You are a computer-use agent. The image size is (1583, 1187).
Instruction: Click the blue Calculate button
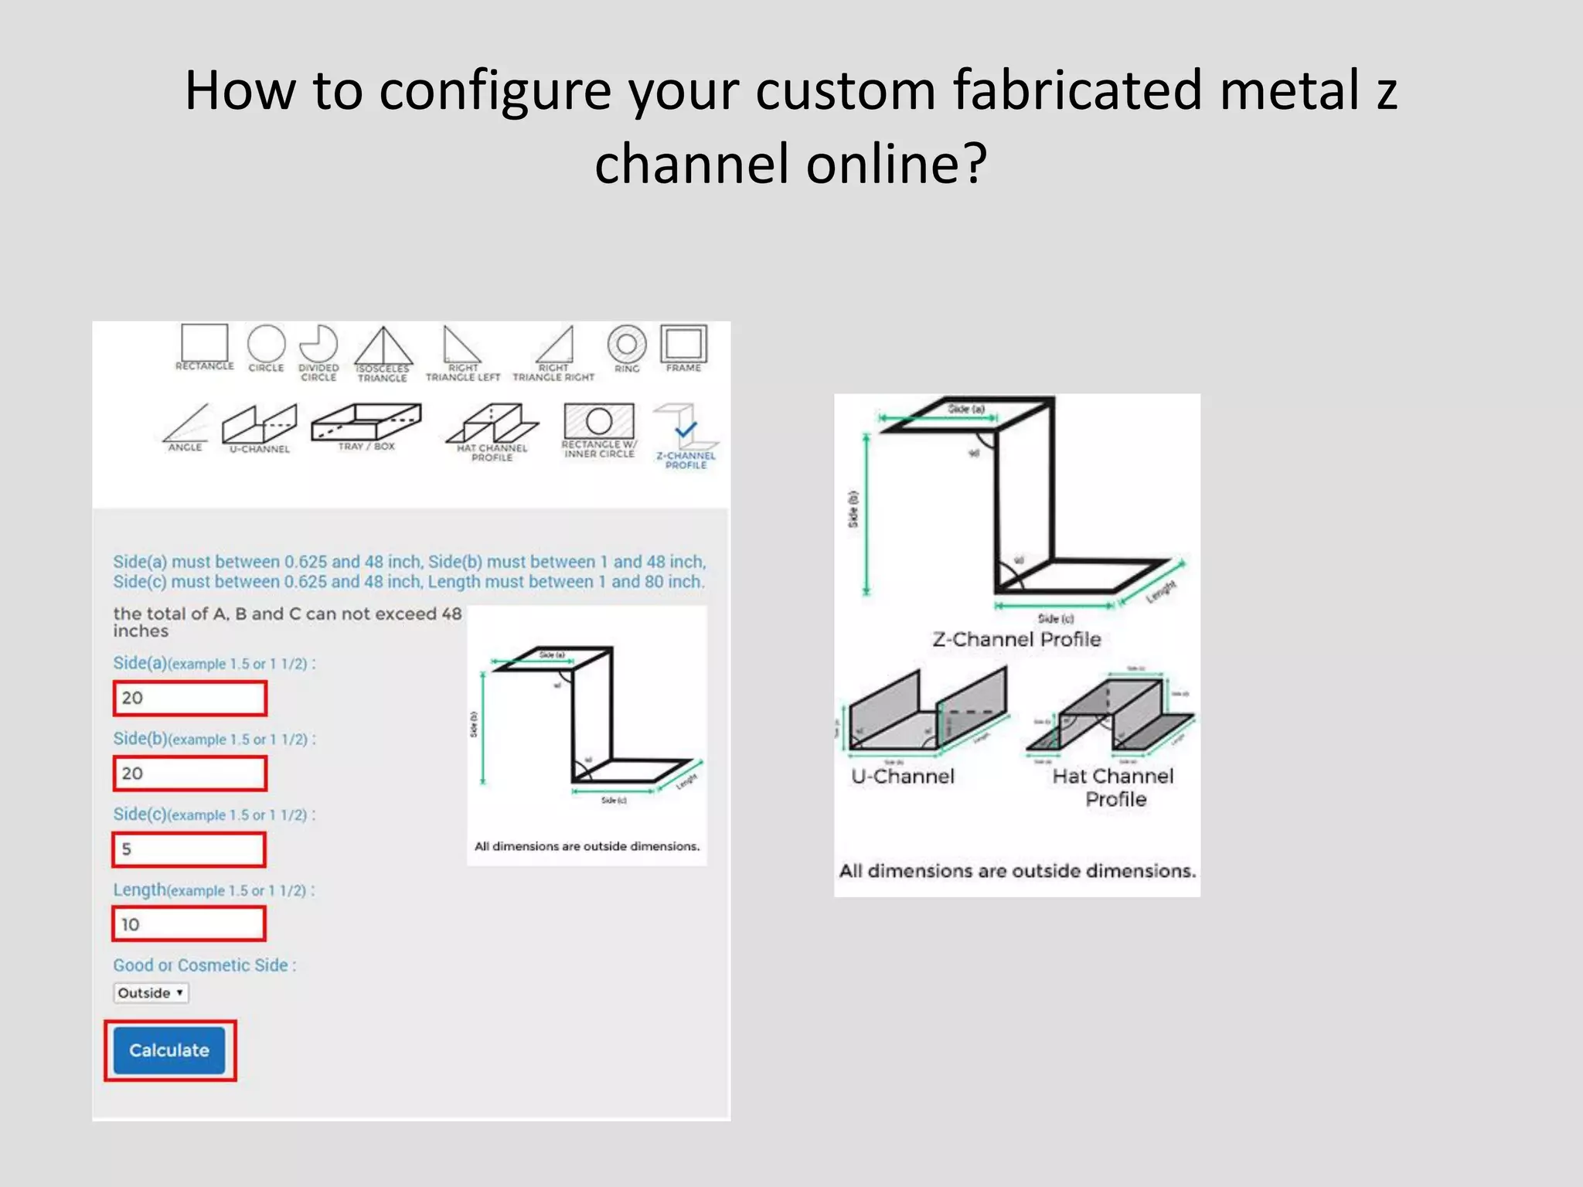coord(169,1050)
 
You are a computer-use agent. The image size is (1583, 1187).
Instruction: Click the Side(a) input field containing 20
coord(190,698)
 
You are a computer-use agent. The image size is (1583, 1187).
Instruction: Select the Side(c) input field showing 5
coord(189,849)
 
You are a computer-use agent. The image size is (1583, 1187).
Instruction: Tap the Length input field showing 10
coord(189,924)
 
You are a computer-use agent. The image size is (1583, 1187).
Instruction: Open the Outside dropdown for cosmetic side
coord(151,993)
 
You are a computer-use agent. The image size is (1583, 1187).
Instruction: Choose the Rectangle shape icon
coord(204,344)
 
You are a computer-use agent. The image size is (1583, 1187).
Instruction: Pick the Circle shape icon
coord(266,345)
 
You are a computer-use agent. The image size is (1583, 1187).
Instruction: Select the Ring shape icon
coord(627,345)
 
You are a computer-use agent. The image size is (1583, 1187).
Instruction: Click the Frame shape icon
coord(683,345)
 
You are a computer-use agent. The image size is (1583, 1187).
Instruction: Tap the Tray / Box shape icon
coord(366,423)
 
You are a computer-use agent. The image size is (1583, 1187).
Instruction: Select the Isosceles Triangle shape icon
coord(383,348)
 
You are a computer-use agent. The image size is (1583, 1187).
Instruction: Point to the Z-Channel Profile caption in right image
coord(1016,640)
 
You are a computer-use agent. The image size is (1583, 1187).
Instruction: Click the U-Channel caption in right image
coord(903,777)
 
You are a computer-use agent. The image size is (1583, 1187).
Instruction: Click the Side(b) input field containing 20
coord(190,774)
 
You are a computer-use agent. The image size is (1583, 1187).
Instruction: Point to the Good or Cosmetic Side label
coord(204,965)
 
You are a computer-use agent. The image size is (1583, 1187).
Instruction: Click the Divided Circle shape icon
coord(318,345)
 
